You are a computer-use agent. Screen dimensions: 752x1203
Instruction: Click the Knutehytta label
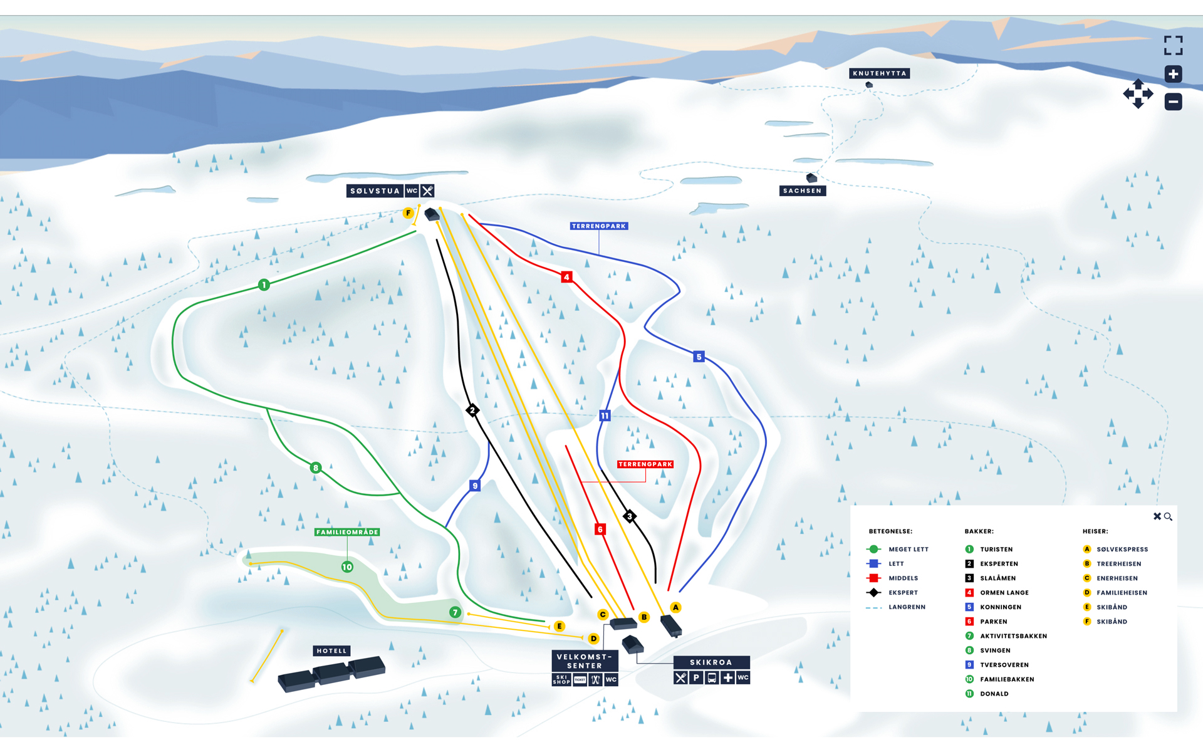click(x=879, y=73)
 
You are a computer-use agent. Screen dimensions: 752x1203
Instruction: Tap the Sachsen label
click(x=802, y=191)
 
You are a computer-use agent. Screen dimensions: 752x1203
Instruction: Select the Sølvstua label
click(x=375, y=191)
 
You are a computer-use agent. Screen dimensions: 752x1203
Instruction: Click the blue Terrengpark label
click(x=598, y=226)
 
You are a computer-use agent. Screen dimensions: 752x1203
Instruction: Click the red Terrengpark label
click(x=645, y=464)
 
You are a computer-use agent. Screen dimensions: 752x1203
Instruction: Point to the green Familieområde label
click(x=347, y=532)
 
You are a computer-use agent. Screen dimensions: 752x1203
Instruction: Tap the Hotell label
click(x=331, y=651)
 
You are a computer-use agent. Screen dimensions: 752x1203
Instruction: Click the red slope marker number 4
click(x=566, y=277)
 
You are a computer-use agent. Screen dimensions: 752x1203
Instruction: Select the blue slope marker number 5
click(x=699, y=357)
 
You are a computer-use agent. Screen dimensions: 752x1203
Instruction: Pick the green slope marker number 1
click(x=264, y=285)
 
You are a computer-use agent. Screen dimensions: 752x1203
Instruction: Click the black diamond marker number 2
click(x=472, y=410)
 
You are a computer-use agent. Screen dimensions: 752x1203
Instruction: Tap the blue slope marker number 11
click(x=605, y=415)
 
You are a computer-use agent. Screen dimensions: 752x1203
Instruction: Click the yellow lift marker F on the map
click(x=408, y=213)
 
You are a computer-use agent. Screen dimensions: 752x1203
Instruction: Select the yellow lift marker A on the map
click(x=675, y=607)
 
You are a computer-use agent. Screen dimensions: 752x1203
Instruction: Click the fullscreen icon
click(x=1173, y=45)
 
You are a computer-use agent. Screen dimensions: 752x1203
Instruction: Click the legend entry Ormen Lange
click(x=1004, y=593)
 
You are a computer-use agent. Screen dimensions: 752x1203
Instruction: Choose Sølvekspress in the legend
click(x=1122, y=550)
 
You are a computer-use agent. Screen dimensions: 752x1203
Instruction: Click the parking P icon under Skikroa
click(x=696, y=678)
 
